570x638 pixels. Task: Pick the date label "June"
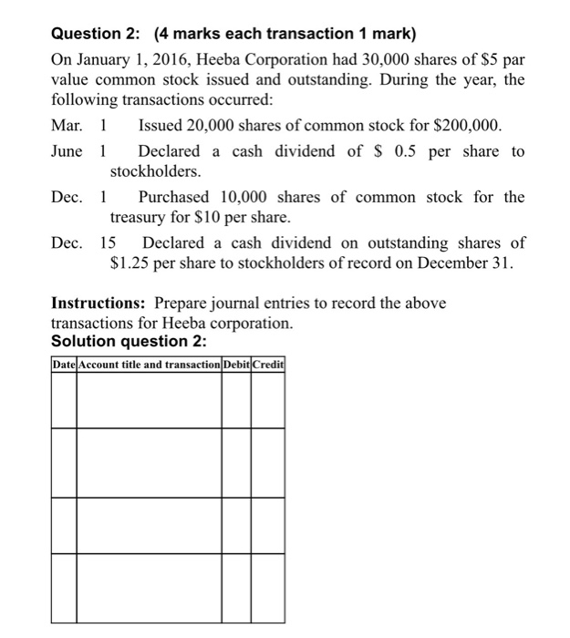click(x=68, y=150)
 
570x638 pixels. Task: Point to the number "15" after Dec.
click(x=108, y=242)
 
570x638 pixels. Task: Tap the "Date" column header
click(x=64, y=365)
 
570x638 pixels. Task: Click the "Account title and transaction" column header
click(x=150, y=365)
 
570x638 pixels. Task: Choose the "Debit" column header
click(x=236, y=365)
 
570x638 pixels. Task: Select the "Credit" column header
click(x=268, y=365)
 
